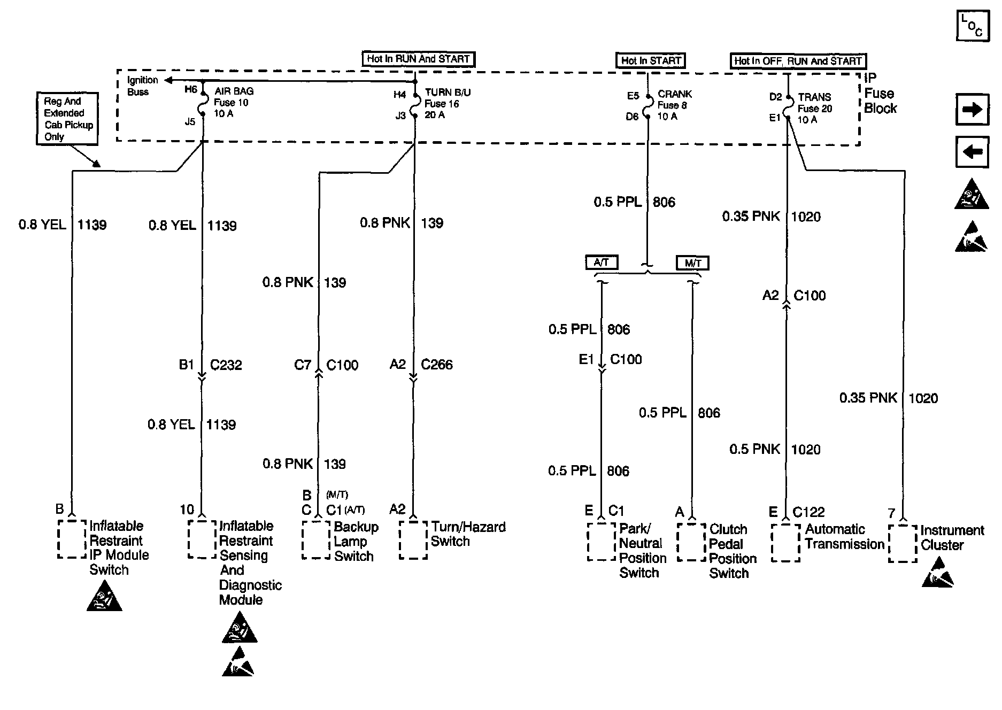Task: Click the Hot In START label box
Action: click(650, 60)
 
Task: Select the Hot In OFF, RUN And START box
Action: click(798, 61)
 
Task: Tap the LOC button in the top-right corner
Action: click(972, 26)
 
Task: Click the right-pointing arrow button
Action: click(972, 110)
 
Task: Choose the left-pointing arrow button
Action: click(972, 152)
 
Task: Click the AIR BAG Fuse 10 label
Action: click(234, 103)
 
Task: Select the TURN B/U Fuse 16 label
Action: click(447, 104)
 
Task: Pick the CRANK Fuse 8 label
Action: click(674, 105)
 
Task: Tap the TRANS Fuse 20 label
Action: click(814, 109)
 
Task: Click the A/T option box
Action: click(602, 263)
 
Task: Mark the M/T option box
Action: click(692, 263)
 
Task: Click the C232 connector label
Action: click(226, 365)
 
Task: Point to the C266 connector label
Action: click(436, 365)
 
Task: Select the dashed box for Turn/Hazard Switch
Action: click(413, 540)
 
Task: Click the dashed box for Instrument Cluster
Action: click(903, 543)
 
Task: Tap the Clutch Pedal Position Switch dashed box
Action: click(691, 542)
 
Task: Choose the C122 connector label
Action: click(808, 512)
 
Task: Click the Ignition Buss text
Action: click(142, 86)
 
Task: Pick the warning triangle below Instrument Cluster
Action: click(938, 573)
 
